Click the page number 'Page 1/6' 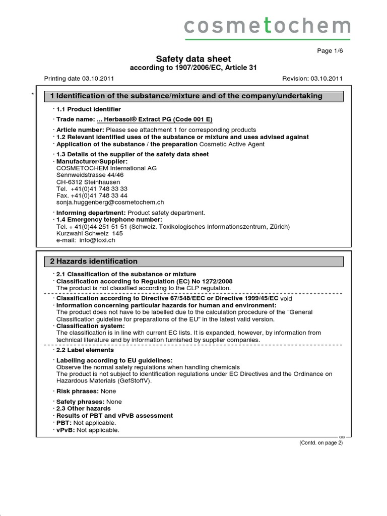(x=329, y=51)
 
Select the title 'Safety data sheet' (x=193, y=59)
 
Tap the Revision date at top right (x=313, y=79)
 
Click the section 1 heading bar (x=194, y=96)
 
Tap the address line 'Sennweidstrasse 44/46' (x=90, y=175)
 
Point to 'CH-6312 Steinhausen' (x=88, y=182)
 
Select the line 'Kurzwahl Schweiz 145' (x=90, y=233)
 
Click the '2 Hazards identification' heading (x=94, y=261)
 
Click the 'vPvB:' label (x=64, y=430)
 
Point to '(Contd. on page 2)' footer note (x=321, y=442)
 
